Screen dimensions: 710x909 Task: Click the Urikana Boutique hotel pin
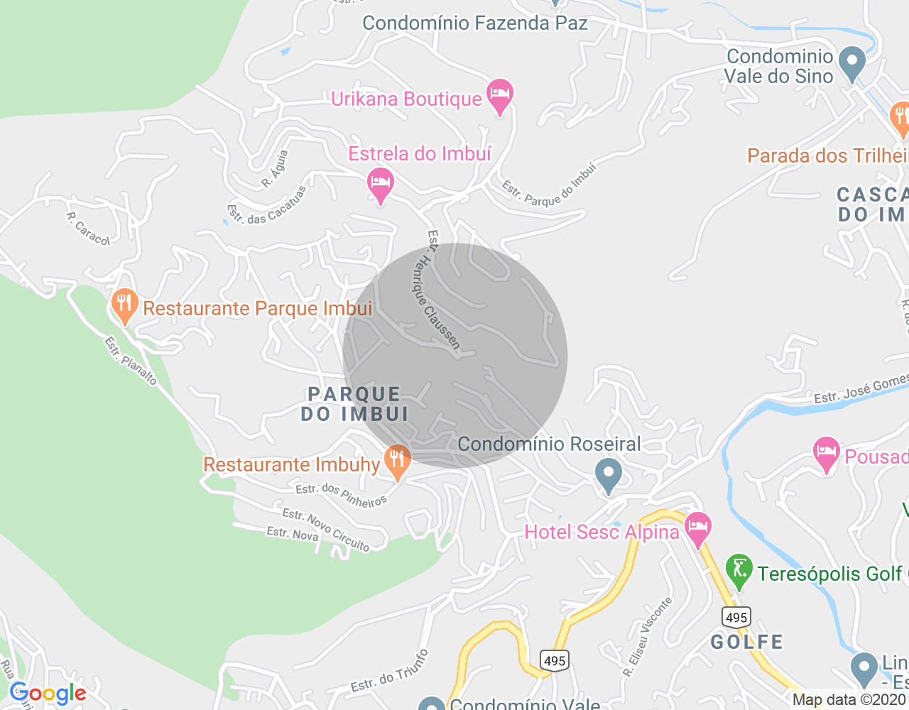coord(500,95)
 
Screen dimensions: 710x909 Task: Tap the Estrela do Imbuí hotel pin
coord(381,184)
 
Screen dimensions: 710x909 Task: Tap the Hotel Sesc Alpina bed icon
coord(699,529)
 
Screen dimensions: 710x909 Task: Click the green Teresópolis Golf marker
coord(739,570)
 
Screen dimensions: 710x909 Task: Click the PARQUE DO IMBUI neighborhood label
coord(354,404)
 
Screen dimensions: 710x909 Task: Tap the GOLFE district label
coord(747,642)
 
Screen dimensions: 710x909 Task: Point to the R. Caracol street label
coord(89,229)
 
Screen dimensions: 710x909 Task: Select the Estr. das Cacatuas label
coord(266,206)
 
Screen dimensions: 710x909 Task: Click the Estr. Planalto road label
coord(131,361)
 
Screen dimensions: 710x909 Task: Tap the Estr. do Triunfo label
coord(390,671)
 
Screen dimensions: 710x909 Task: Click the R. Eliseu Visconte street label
coord(648,636)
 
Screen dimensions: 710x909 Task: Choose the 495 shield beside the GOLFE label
coord(736,616)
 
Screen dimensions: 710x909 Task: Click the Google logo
coord(48,694)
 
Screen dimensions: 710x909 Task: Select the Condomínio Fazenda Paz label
coord(475,23)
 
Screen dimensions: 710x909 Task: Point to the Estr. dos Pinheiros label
coord(342,495)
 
